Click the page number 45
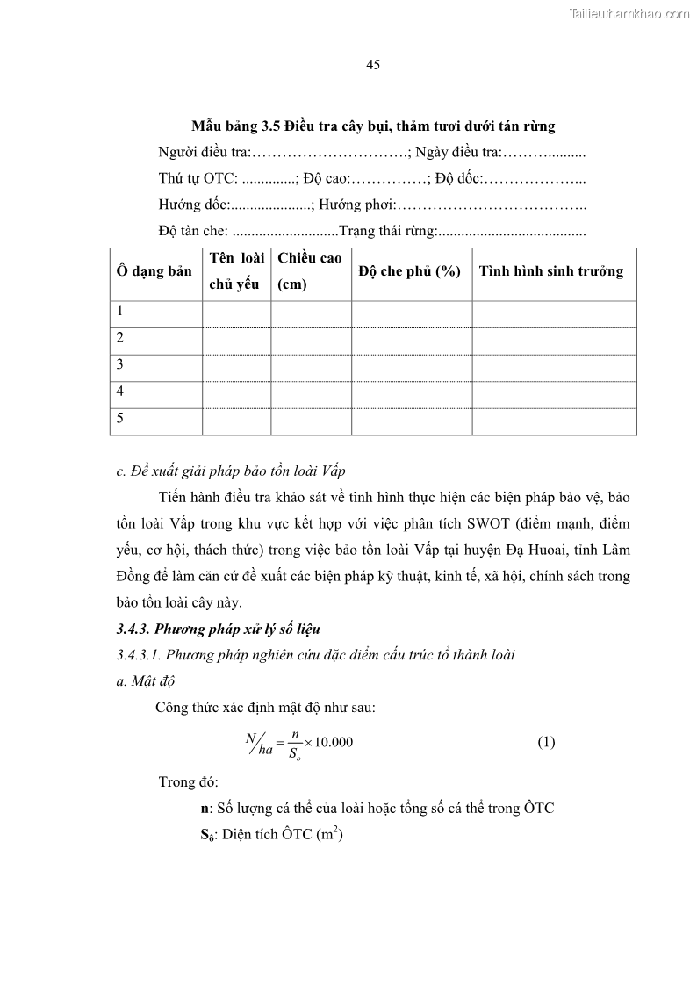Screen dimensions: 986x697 point(372,66)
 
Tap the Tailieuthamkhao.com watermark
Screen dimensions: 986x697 point(630,13)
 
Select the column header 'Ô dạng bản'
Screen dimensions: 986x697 point(154,271)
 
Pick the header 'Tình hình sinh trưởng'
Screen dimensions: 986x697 point(551,271)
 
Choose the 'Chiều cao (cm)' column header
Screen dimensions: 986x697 point(310,271)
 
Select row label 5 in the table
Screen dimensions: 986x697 point(120,419)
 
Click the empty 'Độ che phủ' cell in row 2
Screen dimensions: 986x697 point(411,340)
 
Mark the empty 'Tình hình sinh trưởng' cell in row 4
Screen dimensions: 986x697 point(554,393)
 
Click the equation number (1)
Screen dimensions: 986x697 point(546,742)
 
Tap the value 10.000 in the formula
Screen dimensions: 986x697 point(334,742)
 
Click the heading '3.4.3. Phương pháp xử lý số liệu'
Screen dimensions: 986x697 point(219,629)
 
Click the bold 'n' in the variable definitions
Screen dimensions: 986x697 point(204,808)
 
